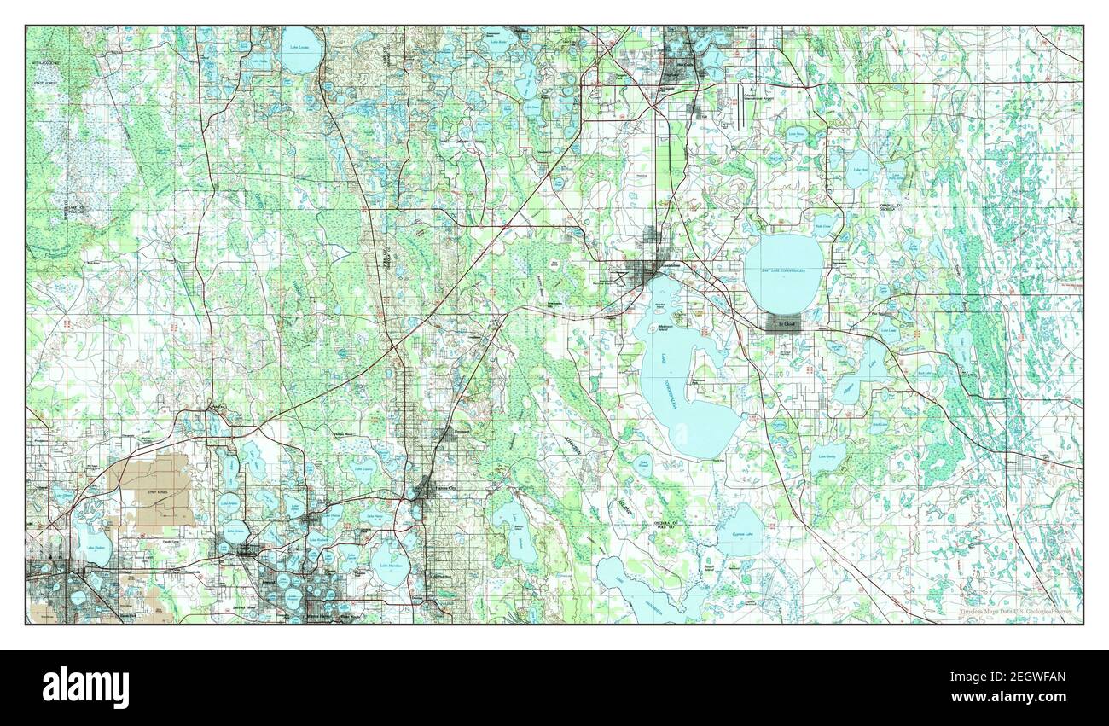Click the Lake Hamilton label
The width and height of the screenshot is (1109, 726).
coord(389,564)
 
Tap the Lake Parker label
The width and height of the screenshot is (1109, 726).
coord(93,547)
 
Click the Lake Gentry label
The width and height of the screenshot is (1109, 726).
coord(825,457)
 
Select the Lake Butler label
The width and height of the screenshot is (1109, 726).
coord(496,41)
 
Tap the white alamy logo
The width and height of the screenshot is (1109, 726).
coord(86,687)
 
